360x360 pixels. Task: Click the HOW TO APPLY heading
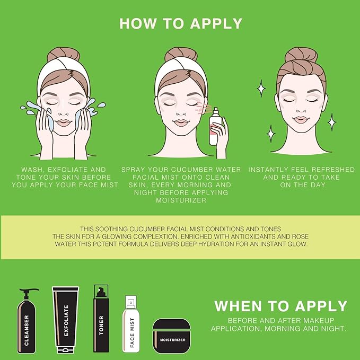(x=180, y=23)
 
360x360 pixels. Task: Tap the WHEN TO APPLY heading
(x=280, y=306)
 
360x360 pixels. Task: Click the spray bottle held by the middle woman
(x=215, y=127)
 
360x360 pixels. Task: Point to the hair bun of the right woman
(x=300, y=56)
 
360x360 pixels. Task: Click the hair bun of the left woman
(x=64, y=55)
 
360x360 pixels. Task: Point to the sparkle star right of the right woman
(x=331, y=122)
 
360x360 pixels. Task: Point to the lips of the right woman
(x=301, y=120)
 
